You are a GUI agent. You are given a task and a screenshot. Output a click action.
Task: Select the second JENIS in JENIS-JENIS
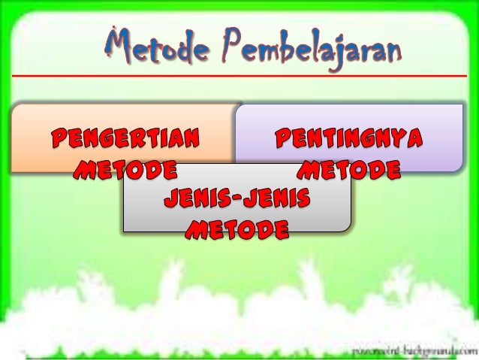point(278,200)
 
